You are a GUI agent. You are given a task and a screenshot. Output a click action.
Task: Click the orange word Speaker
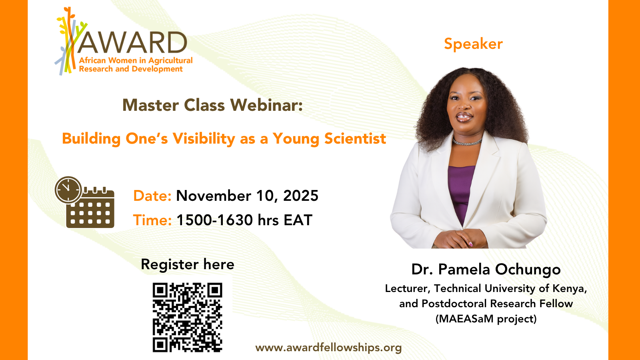(473, 44)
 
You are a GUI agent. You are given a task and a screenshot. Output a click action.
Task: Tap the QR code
(188, 317)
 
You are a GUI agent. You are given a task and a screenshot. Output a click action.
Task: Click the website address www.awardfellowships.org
(328, 348)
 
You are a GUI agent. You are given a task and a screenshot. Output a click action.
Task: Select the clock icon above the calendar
(68, 190)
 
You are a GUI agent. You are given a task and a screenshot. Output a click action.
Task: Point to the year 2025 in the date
(300, 196)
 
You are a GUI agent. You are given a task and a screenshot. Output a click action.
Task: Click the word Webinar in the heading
(266, 105)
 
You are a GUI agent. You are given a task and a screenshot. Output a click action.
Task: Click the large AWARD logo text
(132, 42)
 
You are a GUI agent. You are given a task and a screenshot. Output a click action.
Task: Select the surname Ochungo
(528, 270)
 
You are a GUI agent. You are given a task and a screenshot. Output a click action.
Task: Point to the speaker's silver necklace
(467, 142)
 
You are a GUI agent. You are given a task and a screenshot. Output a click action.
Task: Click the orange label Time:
(152, 220)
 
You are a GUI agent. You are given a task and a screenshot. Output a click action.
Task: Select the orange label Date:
(152, 196)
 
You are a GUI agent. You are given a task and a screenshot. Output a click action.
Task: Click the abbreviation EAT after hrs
(298, 220)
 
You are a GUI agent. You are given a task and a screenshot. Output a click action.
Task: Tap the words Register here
(188, 264)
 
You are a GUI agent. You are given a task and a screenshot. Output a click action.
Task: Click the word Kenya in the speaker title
(570, 288)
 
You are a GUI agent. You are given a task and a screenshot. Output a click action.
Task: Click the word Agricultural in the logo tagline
(170, 60)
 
